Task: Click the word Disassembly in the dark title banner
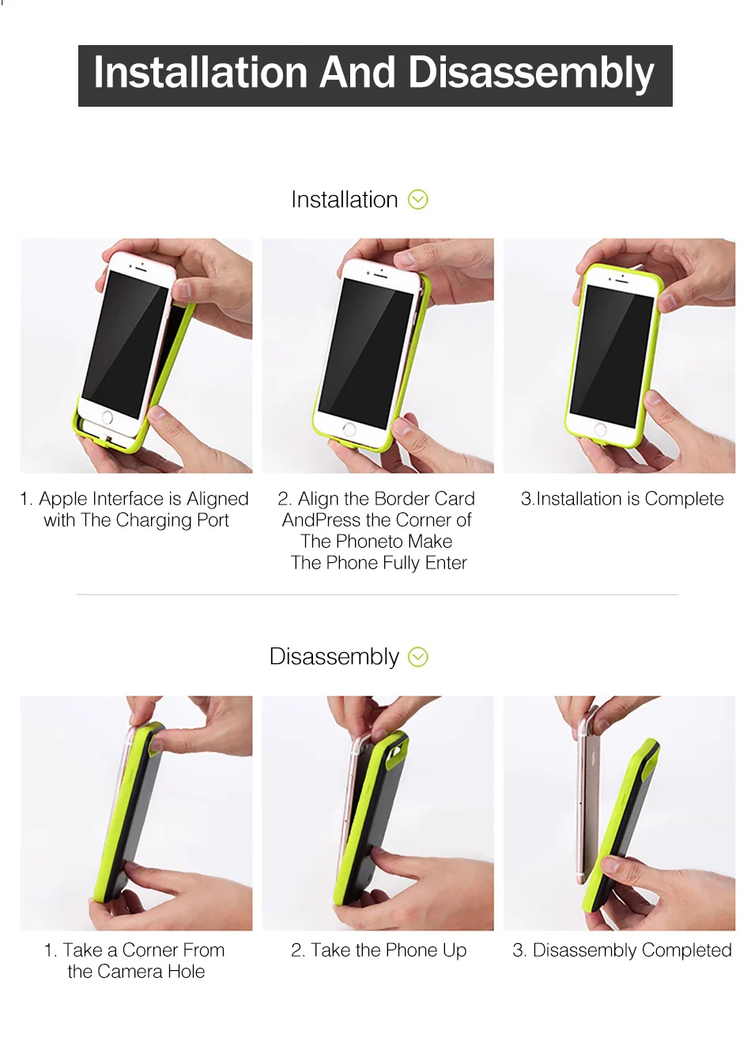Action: tap(530, 74)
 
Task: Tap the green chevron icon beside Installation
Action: tap(418, 199)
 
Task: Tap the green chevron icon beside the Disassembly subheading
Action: tap(418, 657)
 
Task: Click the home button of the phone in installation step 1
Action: tap(108, 417)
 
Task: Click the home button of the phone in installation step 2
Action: tap(349, 429)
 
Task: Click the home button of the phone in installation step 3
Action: tap(601, 430)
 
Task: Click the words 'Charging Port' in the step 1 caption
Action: tap(172, 520)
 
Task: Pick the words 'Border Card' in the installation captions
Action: tap(425, 499)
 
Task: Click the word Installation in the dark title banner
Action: tap(201, 73)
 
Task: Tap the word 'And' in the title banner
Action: tap(358, 73)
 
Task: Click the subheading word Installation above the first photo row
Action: tap(344, 199)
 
